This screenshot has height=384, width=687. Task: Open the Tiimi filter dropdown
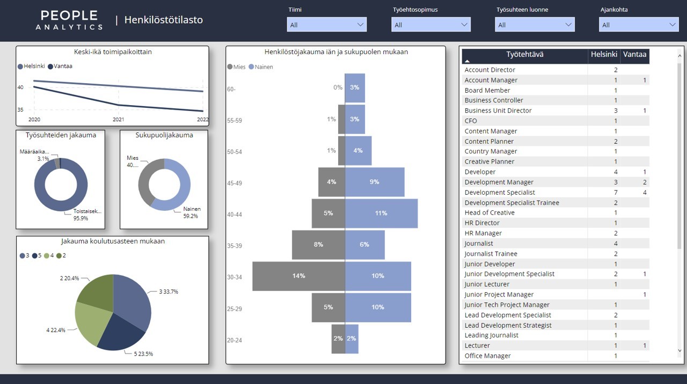click(327, 25)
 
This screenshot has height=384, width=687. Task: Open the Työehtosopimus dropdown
click(431, 25)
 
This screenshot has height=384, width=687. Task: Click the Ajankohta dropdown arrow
click(673, 25)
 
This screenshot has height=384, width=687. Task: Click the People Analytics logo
click(69, 20)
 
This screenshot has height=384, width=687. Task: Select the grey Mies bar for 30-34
click(298, 276)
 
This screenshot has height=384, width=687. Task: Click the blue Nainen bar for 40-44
click(381, 213)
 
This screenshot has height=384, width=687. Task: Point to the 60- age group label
click(231, 89)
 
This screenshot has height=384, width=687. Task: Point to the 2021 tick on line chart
click(118, 120)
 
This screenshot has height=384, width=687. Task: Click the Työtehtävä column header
click(524, 55)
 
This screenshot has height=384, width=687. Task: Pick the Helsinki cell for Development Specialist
click(616, 193)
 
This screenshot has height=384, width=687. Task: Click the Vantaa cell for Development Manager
click(645, 182)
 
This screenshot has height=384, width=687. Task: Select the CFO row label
click(471, 121)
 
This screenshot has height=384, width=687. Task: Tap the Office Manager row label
click(487, 356)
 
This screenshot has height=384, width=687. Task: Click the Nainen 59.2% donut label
click(191, 212)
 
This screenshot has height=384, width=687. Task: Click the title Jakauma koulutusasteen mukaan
click(113, 241)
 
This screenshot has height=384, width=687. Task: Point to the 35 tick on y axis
click(20, 110)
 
